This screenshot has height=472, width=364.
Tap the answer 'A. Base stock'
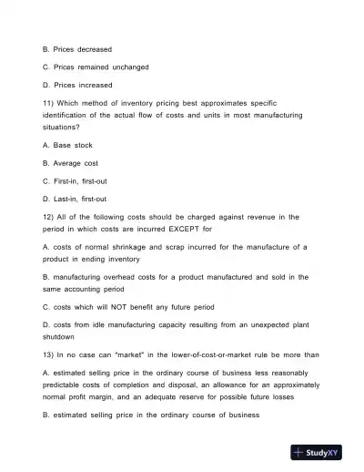coord(67,145)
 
